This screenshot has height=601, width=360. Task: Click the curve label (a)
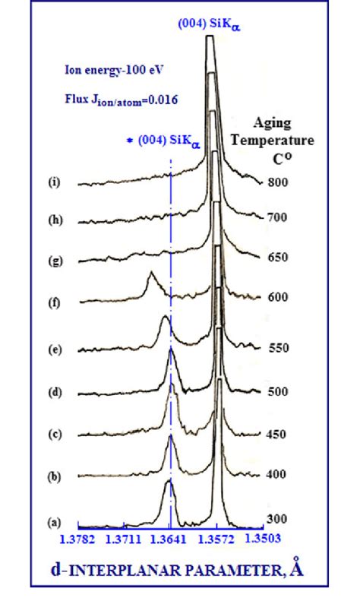55,522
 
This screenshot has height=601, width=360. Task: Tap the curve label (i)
55,185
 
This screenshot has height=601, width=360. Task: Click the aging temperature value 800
276,182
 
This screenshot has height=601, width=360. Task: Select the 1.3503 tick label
261,539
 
